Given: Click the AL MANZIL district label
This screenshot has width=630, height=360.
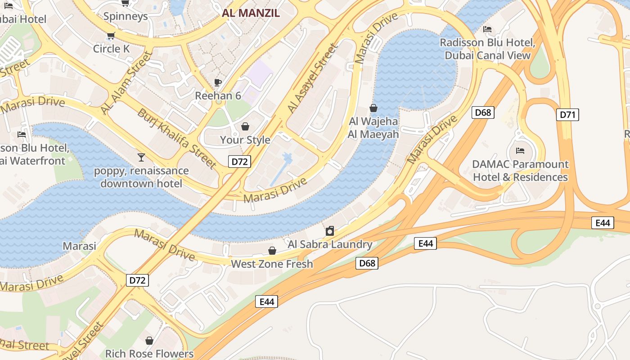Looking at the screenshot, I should coord(251,13).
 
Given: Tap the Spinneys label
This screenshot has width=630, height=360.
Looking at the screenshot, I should coord(126,17).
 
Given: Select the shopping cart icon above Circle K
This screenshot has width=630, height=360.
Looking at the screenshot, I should coord(111,36).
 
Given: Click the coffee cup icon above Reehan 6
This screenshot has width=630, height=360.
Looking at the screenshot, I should coord(218,82).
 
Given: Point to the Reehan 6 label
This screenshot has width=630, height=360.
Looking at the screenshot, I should coord(218,96).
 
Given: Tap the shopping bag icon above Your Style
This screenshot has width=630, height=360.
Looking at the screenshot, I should coord(245,126).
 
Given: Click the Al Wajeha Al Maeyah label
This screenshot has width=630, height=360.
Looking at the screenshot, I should coord(373,128).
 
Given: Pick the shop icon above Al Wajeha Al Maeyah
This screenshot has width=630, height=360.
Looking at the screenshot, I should coord(373,108).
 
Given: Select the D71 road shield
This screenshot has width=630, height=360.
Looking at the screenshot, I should coord(567,115).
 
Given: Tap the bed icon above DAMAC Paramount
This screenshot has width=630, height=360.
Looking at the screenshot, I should coord(520,151).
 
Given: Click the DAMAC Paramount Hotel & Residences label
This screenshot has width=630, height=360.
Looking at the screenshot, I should coord(520,171).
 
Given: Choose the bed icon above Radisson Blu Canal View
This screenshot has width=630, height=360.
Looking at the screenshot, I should coord(487,29).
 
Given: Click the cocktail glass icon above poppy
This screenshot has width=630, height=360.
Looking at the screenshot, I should coord(141,157).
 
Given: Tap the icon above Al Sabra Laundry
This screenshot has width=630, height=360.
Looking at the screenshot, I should coord(330,231).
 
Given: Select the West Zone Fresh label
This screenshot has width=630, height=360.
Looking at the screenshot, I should coord(272,264).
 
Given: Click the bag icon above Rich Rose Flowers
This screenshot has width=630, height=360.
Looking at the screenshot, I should coord(149,341).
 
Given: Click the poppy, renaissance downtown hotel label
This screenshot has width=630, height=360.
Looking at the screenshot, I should coord(141,177).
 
